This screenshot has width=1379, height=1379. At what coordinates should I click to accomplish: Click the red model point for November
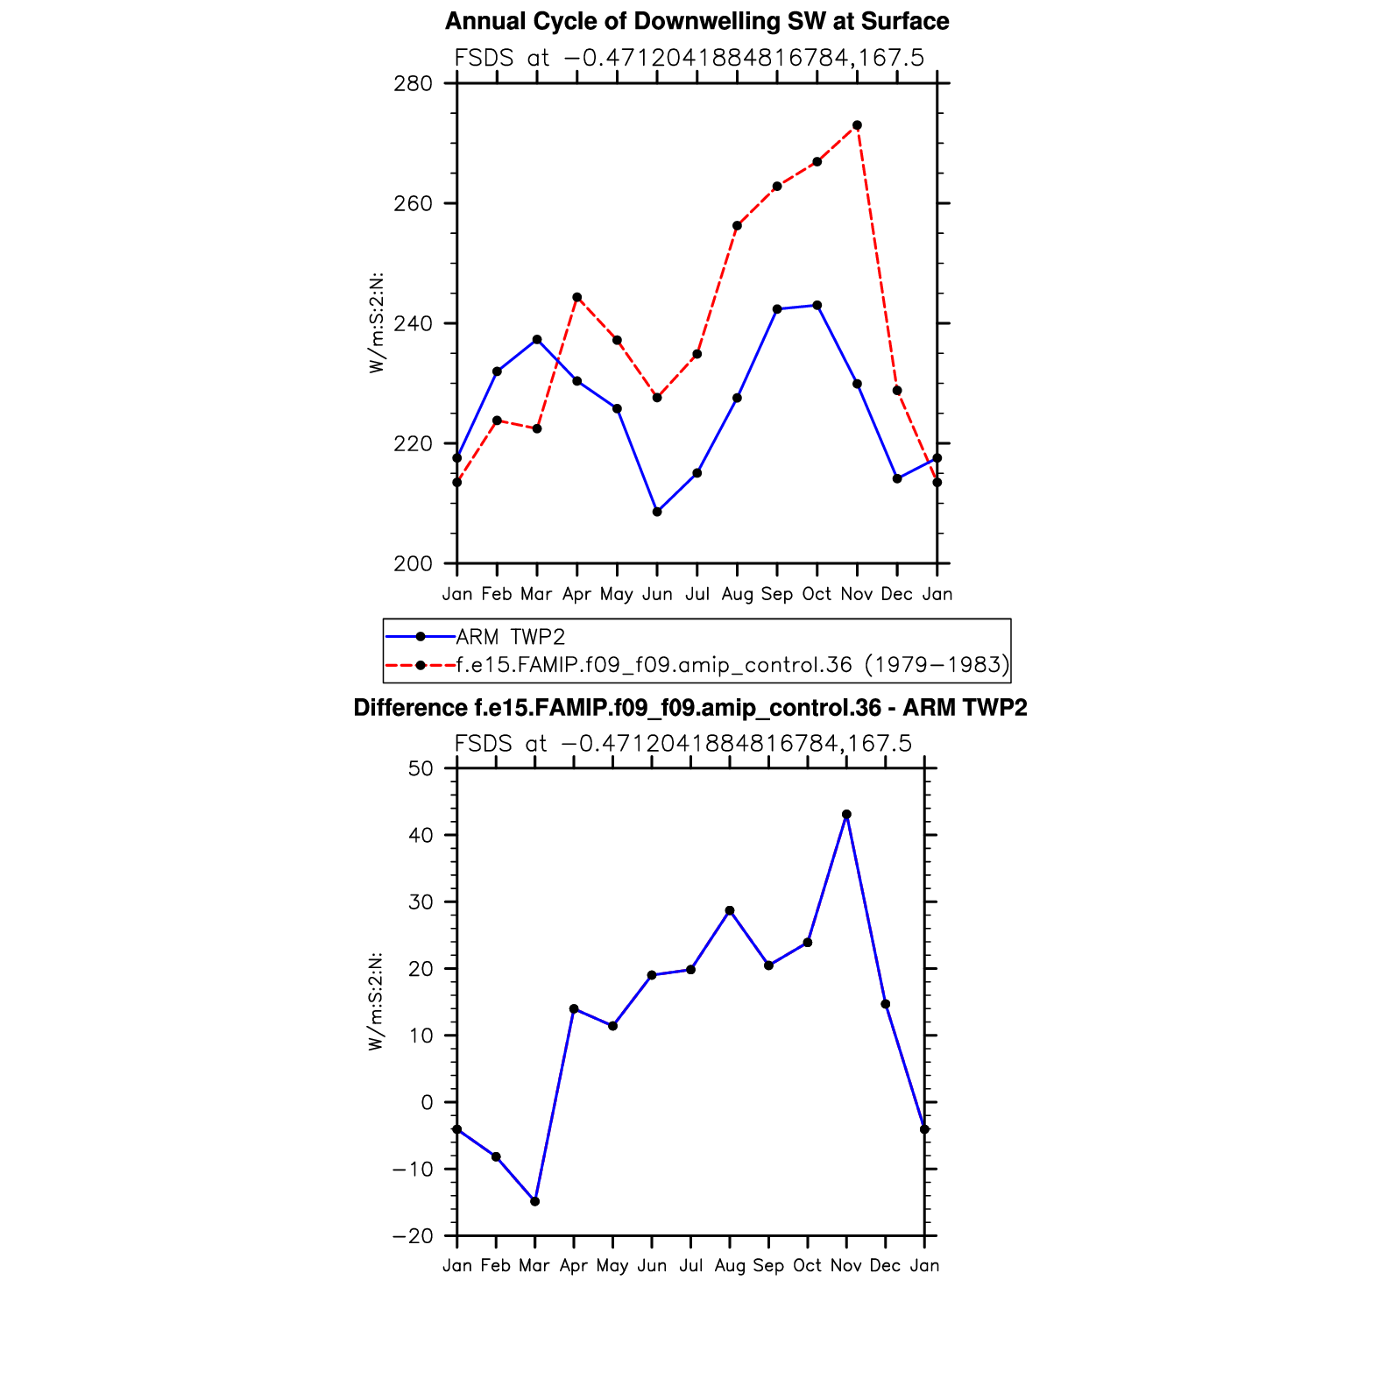[857, 125]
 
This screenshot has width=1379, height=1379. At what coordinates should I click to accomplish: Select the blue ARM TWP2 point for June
[657, 512]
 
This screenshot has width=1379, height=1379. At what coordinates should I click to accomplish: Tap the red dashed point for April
[576, 297]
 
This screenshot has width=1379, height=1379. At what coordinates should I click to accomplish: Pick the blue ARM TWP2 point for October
[817, 305]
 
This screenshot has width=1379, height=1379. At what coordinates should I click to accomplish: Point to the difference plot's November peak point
[846, 815]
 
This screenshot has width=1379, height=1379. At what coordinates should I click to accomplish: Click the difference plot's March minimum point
[534, 1201]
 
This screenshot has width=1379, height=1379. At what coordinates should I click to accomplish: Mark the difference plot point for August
[730, 911]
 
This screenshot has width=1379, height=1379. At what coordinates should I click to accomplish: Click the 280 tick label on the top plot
[414, 84]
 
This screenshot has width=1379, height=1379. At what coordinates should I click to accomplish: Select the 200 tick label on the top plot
[414, 564]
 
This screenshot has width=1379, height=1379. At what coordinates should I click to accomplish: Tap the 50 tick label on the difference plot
[421, 769]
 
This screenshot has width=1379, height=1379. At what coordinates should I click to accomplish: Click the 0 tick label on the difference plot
[427, 1103]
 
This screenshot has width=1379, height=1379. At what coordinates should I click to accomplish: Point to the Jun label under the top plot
[657, 594]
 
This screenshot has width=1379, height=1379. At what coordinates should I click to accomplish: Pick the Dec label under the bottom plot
[885, 1266]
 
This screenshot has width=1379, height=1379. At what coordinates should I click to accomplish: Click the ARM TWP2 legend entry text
[511, 637]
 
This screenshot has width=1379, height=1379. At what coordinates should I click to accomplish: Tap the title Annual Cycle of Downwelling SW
[697, 21]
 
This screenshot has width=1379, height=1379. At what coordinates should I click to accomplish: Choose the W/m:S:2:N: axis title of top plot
[377, 323]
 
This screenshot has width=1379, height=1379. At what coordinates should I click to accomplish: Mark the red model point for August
[737, 226]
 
